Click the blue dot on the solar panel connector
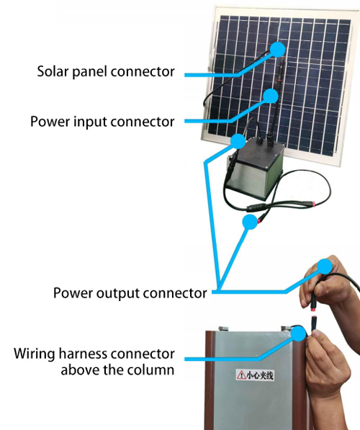(x=277, y=49)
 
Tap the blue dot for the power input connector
(x=271, y=96)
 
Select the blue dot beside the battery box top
(x=238, y=141)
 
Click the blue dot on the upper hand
(x=325, y=266)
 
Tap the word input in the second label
(x=90, y=121)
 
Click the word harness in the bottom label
(x=86, y=354)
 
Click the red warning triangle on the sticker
(x=241, y=375)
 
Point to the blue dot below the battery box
(x=250, y=222)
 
